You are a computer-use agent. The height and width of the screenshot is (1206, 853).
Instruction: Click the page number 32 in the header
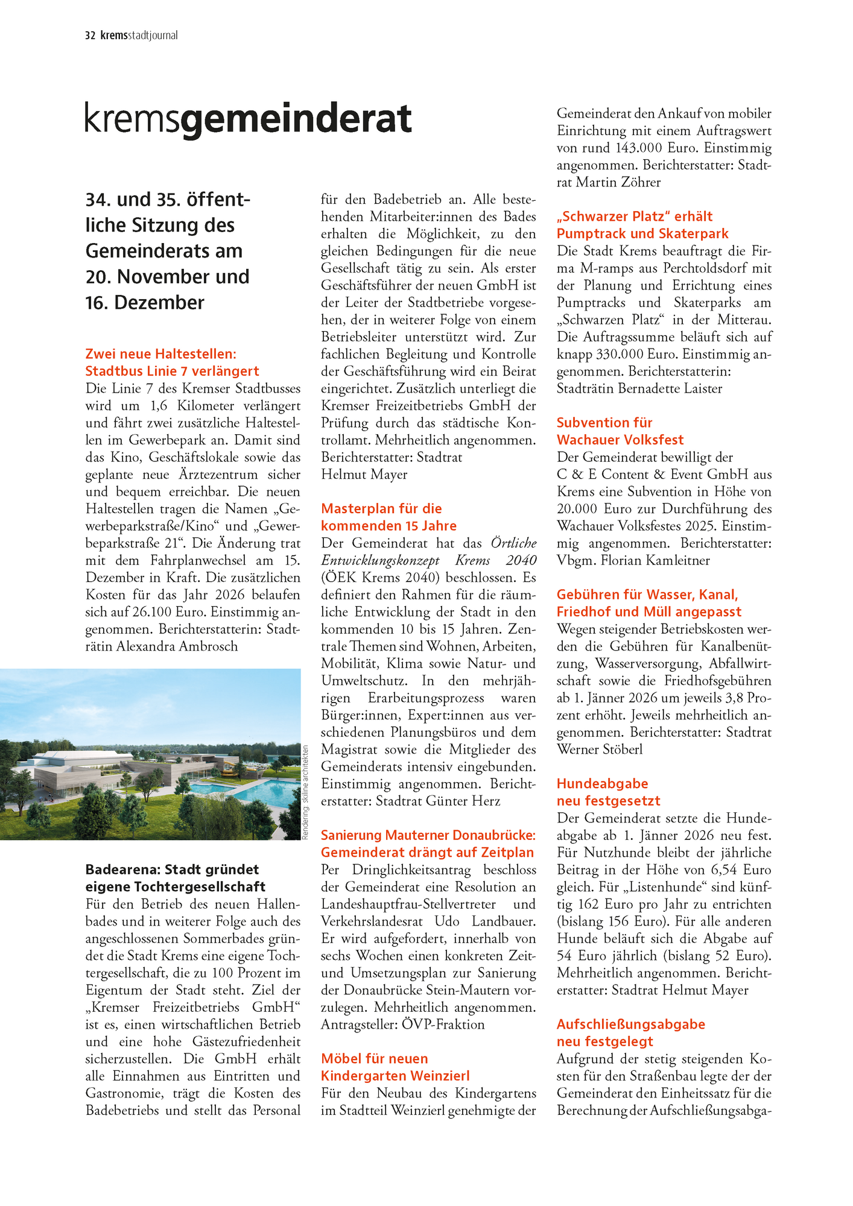pos(90,36)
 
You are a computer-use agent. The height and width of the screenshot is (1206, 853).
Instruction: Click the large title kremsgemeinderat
pos(248,119)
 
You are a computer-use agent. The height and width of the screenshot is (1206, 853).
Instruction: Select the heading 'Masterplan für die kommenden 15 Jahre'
pos(388,517)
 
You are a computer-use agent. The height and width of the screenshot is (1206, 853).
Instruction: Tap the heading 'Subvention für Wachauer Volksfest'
pos(620,431)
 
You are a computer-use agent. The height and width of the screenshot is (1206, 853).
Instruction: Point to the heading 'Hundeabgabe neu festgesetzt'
pos(608,792)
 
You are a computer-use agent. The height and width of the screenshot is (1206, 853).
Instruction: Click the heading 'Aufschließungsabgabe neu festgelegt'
pos(630,1032)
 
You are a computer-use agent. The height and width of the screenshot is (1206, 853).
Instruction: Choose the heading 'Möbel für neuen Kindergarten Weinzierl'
pos(395,1067)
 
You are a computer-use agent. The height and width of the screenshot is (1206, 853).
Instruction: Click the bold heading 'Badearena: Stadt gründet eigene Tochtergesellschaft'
pos(175,878)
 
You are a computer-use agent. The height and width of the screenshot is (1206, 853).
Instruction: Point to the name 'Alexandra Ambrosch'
pos(177,646)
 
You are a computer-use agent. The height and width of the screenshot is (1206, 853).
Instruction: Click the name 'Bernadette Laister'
pos(670,388)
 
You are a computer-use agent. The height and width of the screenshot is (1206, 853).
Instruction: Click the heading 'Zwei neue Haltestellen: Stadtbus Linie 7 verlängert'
pos(172,362)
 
